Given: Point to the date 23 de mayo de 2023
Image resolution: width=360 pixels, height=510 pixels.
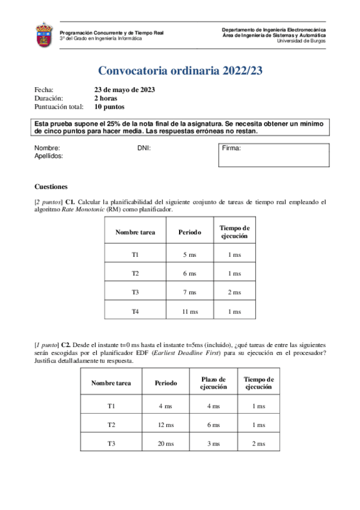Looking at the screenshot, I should pyautogui.click(x=124, y=90).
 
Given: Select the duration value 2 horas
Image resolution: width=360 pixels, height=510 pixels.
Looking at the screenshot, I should pyautogui.click(x=105, y=98).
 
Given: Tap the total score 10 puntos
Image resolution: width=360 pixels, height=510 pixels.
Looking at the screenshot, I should pyautogui.click(x=109, y=107).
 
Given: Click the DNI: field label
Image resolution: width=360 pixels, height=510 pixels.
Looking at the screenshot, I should pyautogui.click(x=144, y=147).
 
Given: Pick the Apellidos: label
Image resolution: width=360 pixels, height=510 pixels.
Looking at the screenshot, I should pyautogui.click(x=49, y=156).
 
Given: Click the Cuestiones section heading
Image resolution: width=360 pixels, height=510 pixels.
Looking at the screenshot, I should pyautogui.click(x=51, y=186).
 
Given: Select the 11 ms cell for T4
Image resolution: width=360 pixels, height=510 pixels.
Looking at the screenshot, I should pyautogui.click(x=189, y=312).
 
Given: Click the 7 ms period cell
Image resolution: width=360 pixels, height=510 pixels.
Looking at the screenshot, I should pyautogui.click(x=189, y=292).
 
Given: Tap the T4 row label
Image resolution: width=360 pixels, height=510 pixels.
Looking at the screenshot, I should pyautogui.click(x=135, y=312).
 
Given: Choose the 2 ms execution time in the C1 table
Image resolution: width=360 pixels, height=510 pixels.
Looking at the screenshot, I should pyautogui.click(x=234, y=292).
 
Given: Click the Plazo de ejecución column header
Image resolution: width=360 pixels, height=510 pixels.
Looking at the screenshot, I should pyautogui.click(x=213, y=383).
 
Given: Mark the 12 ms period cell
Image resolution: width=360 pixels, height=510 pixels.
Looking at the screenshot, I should pyautogui.click(x=166, y=425).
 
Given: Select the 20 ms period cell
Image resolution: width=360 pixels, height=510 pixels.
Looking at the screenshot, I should pyautogui.click(x=166, y=444).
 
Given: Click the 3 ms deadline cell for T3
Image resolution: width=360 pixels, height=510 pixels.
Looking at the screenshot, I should pyautogui.click(x=213, y=444).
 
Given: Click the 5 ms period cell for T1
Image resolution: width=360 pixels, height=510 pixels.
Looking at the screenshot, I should pyautogui.click(x=189, y=255).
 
